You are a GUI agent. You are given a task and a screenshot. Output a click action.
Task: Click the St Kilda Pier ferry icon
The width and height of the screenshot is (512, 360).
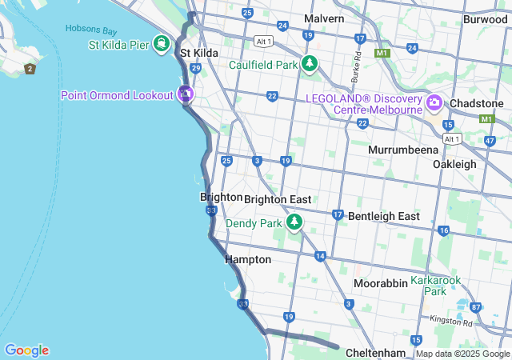[x=162, y=42]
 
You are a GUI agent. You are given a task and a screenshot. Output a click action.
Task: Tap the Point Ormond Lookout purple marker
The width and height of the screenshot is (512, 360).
[x=186, y=94]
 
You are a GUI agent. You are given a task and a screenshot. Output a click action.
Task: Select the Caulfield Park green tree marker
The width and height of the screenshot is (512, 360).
[x=310, y=64]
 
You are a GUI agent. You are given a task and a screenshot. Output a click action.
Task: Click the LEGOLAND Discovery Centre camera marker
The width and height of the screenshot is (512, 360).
[x=434, y=102]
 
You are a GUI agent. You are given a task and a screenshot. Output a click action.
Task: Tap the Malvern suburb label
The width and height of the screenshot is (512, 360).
[x=324, y=18]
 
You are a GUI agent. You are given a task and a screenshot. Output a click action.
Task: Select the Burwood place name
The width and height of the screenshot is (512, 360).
[x=485, y=19]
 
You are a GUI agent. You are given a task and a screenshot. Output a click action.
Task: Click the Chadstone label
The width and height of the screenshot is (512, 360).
[x=476, y=104]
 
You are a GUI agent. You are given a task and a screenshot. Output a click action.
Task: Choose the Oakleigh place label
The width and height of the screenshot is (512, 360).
[x=454, y=164]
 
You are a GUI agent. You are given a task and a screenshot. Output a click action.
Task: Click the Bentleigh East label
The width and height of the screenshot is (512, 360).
[x=384, y=216]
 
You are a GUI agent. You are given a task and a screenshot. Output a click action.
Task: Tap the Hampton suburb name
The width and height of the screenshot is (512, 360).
[x=248, y=259]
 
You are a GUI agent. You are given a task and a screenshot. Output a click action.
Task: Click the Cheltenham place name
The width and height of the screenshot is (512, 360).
[x=376, y=353]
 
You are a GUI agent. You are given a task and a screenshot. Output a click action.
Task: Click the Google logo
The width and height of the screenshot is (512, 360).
[x=26, y=350]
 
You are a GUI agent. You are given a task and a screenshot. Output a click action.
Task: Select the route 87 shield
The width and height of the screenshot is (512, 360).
[x=476, y=307]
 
